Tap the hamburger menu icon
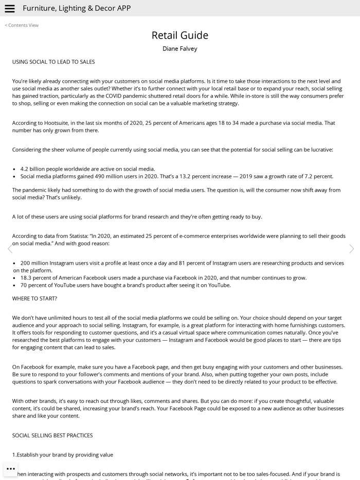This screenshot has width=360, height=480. coord(9,8)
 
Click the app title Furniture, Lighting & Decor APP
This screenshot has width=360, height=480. coord(77,8)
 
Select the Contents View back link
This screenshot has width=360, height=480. coord(22,25)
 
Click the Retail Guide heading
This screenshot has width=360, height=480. coord(179,35)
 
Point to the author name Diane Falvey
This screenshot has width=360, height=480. coord(179,49)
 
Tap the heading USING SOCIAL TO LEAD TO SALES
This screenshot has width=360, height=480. coord(53,62)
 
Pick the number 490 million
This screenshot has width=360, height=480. coord(107,176)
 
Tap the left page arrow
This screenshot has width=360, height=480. coord(10,249)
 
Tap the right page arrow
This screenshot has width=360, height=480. coord(351,249)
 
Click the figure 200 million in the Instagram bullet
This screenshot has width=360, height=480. coord(35,263)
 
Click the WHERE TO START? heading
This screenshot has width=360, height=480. coord(34,299)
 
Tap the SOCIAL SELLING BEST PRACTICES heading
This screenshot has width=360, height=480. coord(52,435)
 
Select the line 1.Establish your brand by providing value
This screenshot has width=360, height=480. coord(63,455)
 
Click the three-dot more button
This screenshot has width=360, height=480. coord(11,469)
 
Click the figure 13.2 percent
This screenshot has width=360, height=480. coord(199,176)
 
